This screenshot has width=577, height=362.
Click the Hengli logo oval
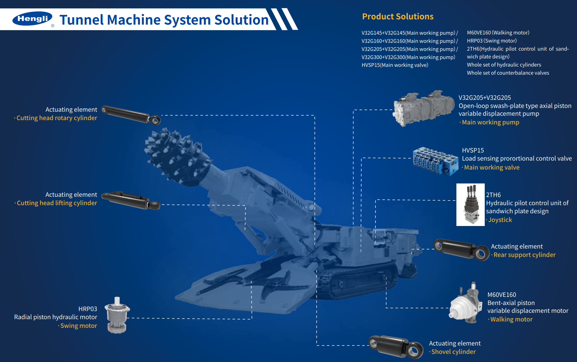[32, 19]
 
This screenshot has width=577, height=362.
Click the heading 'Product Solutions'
[398, 16]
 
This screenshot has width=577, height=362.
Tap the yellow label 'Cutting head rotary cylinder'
[57, 118]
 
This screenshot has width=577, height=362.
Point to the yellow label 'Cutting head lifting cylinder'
[57, 203]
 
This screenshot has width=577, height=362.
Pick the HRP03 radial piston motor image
[117, 315]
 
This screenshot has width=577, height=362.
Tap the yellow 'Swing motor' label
[78, 326]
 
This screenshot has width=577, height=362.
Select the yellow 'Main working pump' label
[490, 122]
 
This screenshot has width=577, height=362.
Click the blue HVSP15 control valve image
[435, 161]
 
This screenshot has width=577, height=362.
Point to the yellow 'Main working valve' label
[492, 168]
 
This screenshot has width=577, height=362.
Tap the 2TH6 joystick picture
[471, 205]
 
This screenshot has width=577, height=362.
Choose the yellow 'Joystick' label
[500, 220]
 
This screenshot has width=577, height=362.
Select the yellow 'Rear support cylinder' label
[524, 255]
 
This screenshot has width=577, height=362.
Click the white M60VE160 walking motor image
[466, 304]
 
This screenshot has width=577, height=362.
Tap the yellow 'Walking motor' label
[511, 319]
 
